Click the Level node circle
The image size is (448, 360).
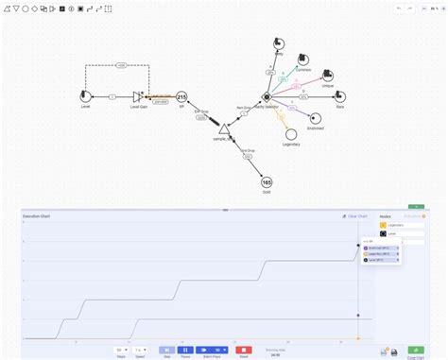(x=87, y=96)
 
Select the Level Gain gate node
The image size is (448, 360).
(x=139, y=96)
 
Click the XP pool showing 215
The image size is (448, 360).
(x=181, y=96)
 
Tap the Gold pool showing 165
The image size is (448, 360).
(x=267, y=182)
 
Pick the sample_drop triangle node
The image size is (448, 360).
(x=224, y=128)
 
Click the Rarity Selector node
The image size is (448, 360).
(x=267, y=96)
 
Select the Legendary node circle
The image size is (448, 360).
(x=291, y=135)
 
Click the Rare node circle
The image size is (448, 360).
(x=339, y=96)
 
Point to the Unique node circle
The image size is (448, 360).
(x=327, y=76)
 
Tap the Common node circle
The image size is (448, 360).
(x=302, y=60)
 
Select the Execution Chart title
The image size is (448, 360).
(x=39, y=216)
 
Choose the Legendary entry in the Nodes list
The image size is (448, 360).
(x=393, y=225)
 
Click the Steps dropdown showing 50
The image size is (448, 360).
(x=120, y=349)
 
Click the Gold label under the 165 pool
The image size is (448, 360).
(x=267, y=194)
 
